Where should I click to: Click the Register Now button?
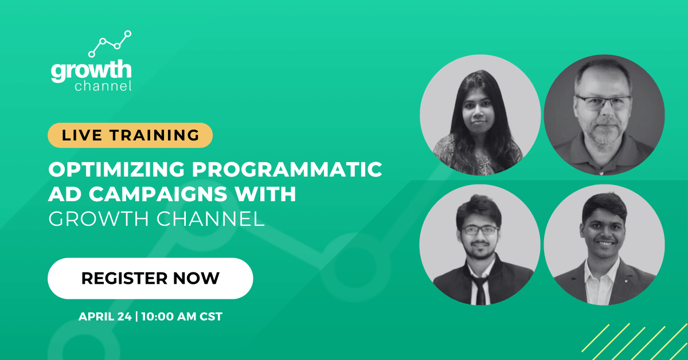[150, 278]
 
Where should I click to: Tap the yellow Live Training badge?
[130, 135]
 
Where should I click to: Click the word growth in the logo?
[91, 71]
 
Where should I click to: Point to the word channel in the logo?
[103, 87]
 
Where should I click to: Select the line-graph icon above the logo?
[110, 43]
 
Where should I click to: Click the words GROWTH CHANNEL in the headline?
[157, 219]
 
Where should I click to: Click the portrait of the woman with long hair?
[480, 115]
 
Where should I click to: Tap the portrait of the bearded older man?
[604, 115]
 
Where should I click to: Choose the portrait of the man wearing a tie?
[480, 244]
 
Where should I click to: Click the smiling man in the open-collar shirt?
[604, 244]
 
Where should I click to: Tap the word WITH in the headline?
[268, 194]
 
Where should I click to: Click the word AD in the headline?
[63, 194]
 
